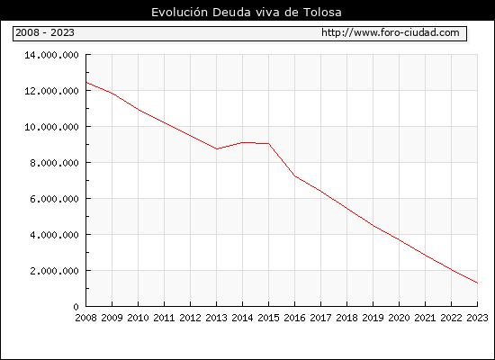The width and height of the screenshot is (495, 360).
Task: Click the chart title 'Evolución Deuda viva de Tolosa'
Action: tap(247, 12)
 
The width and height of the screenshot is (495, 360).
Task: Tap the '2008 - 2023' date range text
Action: tap(45, 32)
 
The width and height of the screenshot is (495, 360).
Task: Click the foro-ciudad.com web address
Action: tap(391, 32)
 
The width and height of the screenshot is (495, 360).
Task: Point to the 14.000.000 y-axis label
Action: tap(51, 55)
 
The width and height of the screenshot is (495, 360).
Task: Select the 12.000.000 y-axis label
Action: tap(51, 91)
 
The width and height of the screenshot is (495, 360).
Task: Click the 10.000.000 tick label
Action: tap(51, 127)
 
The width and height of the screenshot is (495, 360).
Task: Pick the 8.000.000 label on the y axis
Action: tap(54, 163)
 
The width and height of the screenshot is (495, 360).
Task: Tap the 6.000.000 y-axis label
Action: tap(54, 199)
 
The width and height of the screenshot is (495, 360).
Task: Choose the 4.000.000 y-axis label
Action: tap(54, 235)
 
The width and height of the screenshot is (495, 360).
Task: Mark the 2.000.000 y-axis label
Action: tap(54, 271)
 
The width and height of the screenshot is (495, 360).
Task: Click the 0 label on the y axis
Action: tap(76, 307)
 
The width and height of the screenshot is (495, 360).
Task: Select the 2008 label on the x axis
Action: tap(85, 318)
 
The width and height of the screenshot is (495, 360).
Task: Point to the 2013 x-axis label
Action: tap(216, 318)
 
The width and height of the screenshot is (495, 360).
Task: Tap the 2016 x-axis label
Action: tap(294, 318)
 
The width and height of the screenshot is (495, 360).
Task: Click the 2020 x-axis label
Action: tap(399, 318)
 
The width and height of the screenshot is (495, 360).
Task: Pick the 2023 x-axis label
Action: tap(477, 318)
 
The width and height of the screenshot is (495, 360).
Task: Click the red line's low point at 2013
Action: tap(217, 148)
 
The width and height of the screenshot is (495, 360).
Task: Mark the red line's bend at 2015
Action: tap(269, 144)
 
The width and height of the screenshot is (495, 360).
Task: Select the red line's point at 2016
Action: tap(295, 176)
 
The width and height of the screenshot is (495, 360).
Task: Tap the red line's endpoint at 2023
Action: tap(477, 283)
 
